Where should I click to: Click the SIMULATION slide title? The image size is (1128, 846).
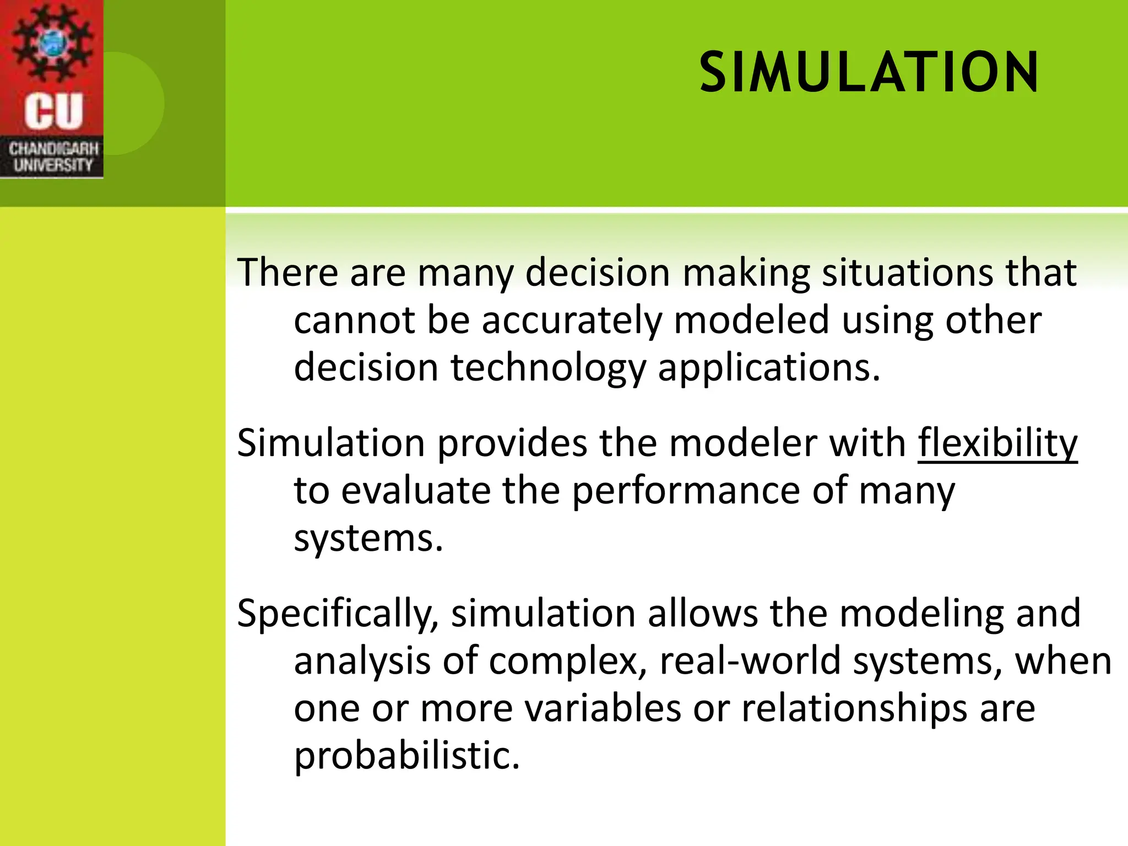pyautogui.click(x=869, y=73)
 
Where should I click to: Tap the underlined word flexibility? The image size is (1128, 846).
pyautogui.click(x=997, y=443)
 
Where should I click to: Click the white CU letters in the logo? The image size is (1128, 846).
pyautogui.click(x=53, y=111)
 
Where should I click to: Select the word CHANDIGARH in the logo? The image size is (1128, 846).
pyautogui.click(x=53, y=149)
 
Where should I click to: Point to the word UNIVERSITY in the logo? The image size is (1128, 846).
pyautogui.click(x=53, y=165)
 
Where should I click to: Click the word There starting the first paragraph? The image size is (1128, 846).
pyautogui.click(x=287, y=272)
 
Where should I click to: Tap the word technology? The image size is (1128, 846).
pyautogui.click(x=548, y=368)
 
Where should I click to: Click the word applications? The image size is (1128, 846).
pyautogui.click(x=769, y=368)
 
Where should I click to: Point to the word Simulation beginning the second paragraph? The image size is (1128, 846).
pyautogui.click(x=331, y=443)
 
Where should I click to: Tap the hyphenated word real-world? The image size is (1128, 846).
pyautogui.click(x=750, y=661)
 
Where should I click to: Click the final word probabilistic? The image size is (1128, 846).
pyautogui.click(x=406, y=756)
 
